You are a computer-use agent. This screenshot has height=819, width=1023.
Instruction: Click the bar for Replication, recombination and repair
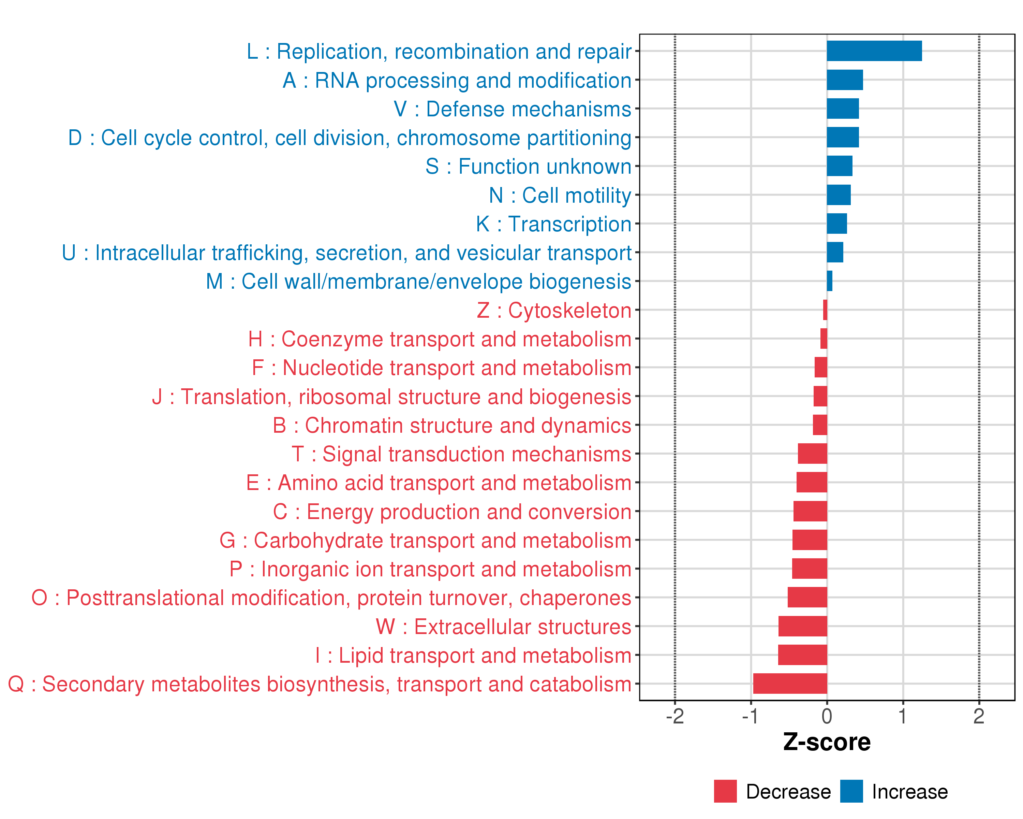(x=874, y=51)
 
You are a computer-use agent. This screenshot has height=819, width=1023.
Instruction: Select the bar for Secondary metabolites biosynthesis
(x=790, y=684)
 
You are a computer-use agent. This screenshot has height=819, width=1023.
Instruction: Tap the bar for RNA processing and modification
(x=845, y=80)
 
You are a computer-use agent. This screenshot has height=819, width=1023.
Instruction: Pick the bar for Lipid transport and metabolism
(x=802, y=655)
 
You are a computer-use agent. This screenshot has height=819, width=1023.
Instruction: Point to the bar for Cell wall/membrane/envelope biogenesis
(x=829, y=281)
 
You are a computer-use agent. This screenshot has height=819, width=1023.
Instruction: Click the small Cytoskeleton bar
(x=825, y=310)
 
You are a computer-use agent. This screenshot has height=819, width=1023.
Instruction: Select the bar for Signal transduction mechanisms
(x=812, y=454)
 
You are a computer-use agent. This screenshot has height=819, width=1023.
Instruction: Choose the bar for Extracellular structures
(x=802, y=626)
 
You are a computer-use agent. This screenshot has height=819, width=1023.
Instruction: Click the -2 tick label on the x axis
(x=675, y=716)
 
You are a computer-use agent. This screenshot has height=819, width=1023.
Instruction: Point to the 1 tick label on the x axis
(x=903, y=716)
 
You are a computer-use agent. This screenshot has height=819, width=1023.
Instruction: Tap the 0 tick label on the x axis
(x=827, y=716)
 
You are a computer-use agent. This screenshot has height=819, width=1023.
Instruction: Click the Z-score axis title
(x=827, y=742)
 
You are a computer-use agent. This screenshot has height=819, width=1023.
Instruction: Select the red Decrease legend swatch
(x=725, y=791)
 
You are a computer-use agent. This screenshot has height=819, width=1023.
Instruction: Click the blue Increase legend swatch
(x=851, y=791)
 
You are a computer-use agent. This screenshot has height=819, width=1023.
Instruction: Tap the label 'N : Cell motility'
(x=560, y=196)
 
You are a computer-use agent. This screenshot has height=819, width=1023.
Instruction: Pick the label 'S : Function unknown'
(x=528, y=167)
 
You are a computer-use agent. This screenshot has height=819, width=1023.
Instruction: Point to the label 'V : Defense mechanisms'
(x=513, y=109)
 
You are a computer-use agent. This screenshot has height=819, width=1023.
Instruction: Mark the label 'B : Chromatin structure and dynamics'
(x=452, y=426)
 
